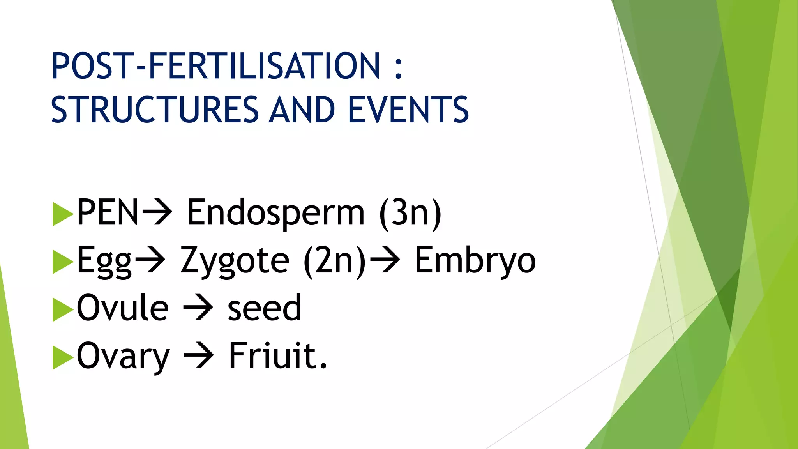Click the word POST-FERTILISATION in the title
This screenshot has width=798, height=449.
pos(215,66)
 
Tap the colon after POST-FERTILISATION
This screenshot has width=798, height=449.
pos(398,67)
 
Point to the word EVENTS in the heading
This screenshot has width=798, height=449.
pos(408,110)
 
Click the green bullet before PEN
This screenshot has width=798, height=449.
pos(62,214)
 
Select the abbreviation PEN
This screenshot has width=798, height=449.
pos(108,212)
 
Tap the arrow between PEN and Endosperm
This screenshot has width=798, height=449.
pos(157,212)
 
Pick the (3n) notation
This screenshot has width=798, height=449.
pos(410,214)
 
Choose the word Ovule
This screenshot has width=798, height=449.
pos(123,308)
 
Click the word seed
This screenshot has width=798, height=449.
pos(264,308)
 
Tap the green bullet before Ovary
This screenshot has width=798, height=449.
pos(62,357)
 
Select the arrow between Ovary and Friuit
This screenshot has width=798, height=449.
pos(199,356)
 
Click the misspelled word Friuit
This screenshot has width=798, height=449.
pos(277,355)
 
